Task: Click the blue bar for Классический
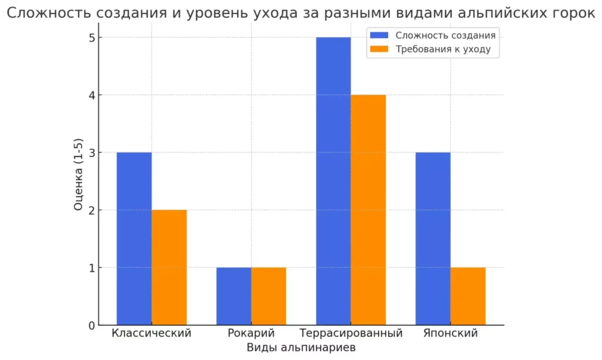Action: point(134,239)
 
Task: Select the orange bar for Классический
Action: point(169,268)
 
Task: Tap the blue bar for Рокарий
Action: point(234,296)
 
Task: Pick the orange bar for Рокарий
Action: point(269,296)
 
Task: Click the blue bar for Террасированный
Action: point(333,181)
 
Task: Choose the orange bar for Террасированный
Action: point(368,210)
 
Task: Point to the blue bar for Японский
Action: point(433,239)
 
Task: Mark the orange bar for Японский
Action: point(468,296)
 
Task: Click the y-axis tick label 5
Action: point(92,38)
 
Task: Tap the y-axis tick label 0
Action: point(92,325)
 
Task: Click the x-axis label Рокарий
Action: point(251,333)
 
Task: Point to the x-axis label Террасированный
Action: point(351,333)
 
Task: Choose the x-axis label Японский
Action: point(450,333)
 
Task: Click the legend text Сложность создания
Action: point(446,35)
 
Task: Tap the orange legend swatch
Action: point(379,49)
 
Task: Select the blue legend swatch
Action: point(379,35)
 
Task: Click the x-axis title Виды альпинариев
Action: point(301,348)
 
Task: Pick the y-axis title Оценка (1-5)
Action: point(78,175)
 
